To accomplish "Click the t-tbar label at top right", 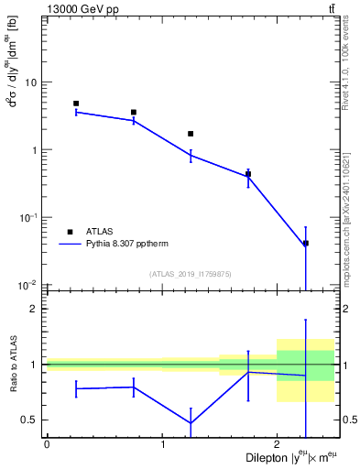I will click(x=332, y=9).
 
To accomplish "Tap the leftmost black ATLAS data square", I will click(x=76, y=104).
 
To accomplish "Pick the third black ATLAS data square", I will click(x=191, y=134).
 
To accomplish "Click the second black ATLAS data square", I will click(x=134, y=113).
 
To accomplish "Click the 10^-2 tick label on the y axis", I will click(x=27, y=285).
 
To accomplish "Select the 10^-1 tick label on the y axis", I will click(x=27, y=217).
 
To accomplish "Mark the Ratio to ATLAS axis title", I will click(x=13, y=365).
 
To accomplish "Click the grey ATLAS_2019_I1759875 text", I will click(x=191, y=273).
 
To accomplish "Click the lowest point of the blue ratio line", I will click(x=191, y=423).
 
